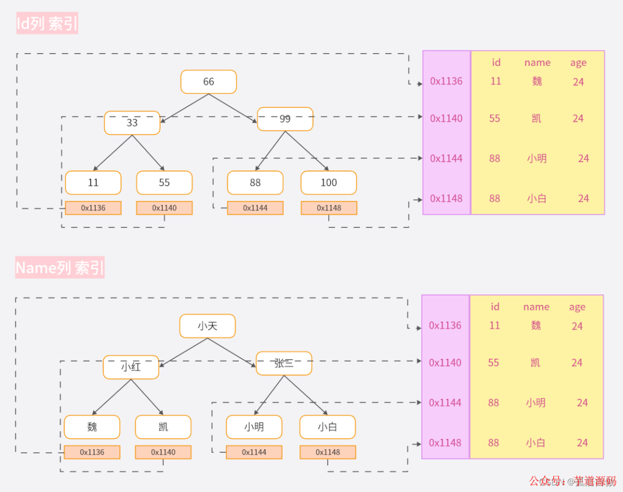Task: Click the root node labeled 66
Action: coord(208,82)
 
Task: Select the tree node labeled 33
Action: coord(132,123)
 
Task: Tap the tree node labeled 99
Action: coord(285,119)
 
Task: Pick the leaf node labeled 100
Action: coord(329,182)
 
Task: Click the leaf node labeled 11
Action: coord(93,182)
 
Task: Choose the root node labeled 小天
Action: coord(207,326)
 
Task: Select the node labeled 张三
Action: coord(284,363)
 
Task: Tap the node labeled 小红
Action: coord(131,367)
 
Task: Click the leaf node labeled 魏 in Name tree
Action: coord(92,427)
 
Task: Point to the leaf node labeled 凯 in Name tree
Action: coord(163,427)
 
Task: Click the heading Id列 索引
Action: coord(47,24)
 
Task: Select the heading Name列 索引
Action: coord(60,268)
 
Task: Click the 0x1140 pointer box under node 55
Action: coord(164,208)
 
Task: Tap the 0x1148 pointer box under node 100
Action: coord(329,208)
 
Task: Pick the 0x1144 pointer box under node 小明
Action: coord(254,452)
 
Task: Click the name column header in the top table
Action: coord(537,62)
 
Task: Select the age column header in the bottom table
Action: coord(577,307)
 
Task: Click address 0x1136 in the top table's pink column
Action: coord(446,81)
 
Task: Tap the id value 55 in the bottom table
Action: coord(493,363)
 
